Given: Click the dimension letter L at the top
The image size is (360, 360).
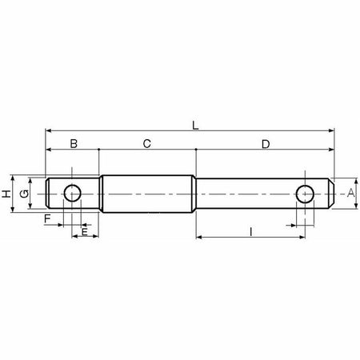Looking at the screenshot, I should (195, 124).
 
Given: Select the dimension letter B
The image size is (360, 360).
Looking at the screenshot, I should (74, 144).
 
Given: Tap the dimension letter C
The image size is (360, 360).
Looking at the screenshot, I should (146, 144).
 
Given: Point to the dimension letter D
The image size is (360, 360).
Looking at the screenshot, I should (265, 144).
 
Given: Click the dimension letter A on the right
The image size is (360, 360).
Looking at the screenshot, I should (350, 194).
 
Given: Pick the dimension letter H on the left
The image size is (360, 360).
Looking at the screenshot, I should (6, 194).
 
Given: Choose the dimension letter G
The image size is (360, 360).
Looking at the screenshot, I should (24, 194).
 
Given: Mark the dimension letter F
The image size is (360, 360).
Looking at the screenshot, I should (48, 218).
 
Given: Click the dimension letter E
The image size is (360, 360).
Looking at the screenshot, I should (85, 231).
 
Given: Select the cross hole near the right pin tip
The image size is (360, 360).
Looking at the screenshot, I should (305, 194).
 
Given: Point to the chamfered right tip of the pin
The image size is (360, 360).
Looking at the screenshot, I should (330, 194).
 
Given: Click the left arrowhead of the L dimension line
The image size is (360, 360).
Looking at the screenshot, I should (49, 128).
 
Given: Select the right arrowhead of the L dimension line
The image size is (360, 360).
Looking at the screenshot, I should (330, 128).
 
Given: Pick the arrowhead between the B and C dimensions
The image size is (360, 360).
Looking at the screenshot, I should (98, 149).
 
